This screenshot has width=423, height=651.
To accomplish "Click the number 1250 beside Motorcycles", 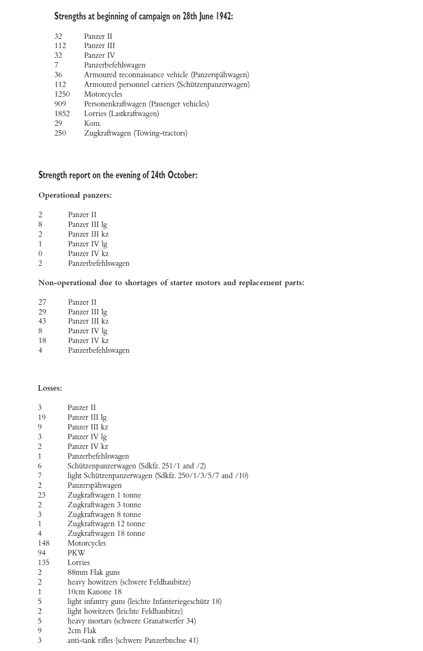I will pos(62,95).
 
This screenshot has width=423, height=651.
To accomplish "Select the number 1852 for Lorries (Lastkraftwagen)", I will pos(62,114).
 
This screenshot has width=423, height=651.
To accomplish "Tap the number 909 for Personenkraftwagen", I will pos(60,104).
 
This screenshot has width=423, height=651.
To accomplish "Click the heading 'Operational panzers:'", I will pos(75,196).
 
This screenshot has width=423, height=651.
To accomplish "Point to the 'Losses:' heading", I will pos(50,388).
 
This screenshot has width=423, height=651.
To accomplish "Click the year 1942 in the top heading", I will pos(223,16).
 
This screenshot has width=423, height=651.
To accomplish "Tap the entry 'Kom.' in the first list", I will pos(92,124).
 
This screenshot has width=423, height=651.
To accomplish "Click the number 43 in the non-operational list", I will pos(42,321).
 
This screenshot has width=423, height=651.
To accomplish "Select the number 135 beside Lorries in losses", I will pos(43,563).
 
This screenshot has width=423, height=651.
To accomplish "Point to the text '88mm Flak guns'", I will pos(93,573).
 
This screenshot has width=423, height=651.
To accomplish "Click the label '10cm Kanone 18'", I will pos(95,592).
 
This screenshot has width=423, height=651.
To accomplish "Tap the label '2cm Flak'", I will pos(82,631).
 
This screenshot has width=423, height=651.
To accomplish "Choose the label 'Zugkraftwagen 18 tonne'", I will pos(106,534).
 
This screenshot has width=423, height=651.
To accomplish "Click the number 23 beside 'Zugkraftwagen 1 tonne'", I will pos(42,495).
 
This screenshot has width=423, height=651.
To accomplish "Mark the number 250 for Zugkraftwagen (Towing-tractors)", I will pos(60,133).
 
